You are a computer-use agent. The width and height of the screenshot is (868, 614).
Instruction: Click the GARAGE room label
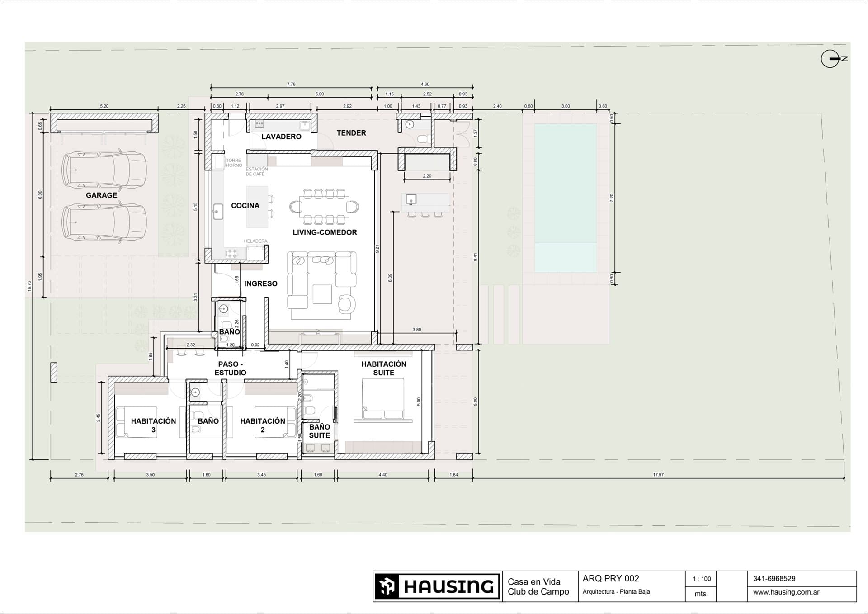click(x=101, y=195)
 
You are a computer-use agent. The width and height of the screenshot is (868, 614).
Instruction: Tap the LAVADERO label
click(x=281, y=137)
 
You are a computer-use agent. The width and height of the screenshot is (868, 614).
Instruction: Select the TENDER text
click(x=351, y=133)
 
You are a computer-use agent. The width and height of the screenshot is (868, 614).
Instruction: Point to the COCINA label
click(x=245, y=206)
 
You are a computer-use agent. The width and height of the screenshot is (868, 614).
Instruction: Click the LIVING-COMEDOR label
click(x=325, y=232)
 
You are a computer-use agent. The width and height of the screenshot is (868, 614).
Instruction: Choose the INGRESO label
click(x=261, y=284)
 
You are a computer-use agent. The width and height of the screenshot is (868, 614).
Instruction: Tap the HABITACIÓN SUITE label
click(x=384, y=368)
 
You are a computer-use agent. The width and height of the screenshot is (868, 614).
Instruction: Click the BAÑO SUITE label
click(x=320, y=431)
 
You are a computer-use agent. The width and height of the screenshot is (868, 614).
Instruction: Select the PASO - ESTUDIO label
click(x=231, y=368)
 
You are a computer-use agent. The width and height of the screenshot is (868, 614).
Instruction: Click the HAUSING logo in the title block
click(x=437, y=586)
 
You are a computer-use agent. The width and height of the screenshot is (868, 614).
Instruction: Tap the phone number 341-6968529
click(x=774, y=579)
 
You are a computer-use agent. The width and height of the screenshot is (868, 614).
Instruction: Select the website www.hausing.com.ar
click(x=786, y=592)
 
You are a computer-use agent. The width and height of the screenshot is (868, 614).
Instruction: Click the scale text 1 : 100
click(x=702, y=579)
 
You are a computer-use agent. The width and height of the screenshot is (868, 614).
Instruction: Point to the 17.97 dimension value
click(x=658, y=475)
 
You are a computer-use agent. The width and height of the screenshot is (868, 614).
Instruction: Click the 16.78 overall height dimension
click(x=29, y=286)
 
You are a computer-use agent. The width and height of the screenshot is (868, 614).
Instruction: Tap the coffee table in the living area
click(x=322, y=294)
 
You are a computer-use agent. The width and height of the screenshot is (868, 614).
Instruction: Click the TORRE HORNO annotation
click(x=234, y=163)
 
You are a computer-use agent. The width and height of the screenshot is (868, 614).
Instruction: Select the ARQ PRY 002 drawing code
click(x=611, y=579)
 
